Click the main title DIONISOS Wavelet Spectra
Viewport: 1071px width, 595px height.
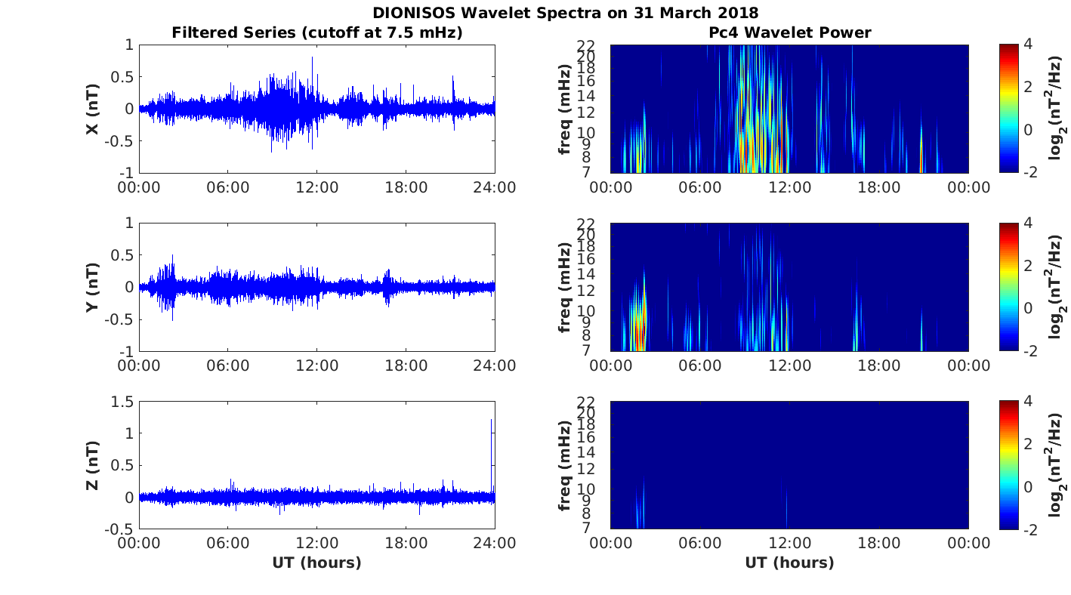[565, 13]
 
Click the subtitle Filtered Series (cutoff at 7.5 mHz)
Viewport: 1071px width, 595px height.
[317, 32]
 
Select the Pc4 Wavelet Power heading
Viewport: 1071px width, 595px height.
[789, 32]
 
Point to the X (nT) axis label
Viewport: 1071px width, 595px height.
[93, 109]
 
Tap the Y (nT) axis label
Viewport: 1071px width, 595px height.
[93, 287]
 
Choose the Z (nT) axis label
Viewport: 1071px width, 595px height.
[93, 465]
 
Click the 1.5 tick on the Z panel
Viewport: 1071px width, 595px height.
[120, 401]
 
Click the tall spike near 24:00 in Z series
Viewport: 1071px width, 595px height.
[492, 438]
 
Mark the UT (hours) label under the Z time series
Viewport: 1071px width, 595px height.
[317, 563]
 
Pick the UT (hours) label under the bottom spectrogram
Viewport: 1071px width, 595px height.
[789, 563]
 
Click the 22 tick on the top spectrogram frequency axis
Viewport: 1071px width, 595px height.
[588, 45]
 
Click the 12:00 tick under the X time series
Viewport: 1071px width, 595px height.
[317, 187]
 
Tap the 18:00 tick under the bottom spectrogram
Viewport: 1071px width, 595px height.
[879, 544]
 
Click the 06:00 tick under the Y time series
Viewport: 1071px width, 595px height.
[228, 365]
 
